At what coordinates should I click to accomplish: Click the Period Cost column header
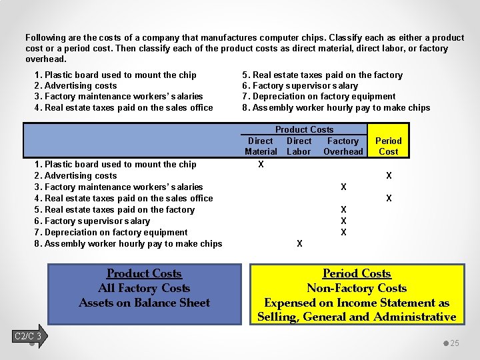click(388, 146)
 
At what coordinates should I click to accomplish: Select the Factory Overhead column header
click(343, 146)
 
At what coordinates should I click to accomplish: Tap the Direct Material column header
click(260, 146)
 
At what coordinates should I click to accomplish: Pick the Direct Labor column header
click(299, 146)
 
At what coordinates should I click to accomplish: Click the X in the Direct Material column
click(261, 164)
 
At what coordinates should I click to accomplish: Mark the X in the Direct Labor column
click(299, 243)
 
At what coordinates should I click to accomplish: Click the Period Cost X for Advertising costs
click(389, 175)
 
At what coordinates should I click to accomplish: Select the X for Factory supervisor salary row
click(343, 221)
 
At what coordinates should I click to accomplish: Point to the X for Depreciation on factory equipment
click(343, 232)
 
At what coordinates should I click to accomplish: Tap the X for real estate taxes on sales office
click(389, 198)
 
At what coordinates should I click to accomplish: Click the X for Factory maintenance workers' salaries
click(343, 187)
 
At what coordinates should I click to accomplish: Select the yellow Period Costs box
click(356, 295)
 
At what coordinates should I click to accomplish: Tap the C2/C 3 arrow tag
click(28, 336)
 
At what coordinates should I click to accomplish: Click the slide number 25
click(455, 343)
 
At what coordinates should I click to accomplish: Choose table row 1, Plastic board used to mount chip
click(115, 164)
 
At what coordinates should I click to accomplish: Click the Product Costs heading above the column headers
click(304, 129)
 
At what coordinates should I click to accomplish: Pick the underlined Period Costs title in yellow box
click(357, 273)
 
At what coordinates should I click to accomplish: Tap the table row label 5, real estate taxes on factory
click(114, 209)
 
